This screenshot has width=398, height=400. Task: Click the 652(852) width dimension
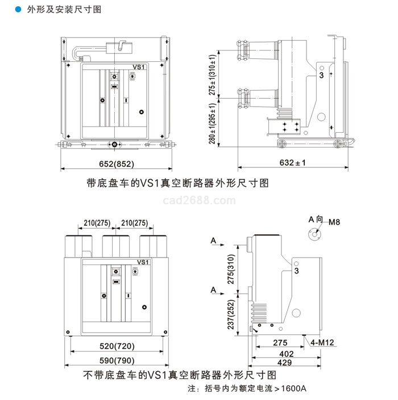click(117, 164)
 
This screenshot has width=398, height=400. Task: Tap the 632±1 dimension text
click(292, 162)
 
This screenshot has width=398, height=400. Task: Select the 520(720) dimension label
click(117, 346)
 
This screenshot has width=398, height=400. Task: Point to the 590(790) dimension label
click(117, 360)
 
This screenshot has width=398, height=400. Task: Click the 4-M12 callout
click(322, 342)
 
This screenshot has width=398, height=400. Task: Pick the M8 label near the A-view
click(334, 222)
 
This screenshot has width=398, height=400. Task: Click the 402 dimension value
click(287, 353)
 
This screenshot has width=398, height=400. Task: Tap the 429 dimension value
click(284, 362)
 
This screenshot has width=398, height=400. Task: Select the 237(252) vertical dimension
click(231, 314)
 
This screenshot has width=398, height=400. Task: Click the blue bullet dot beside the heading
click(18, 10)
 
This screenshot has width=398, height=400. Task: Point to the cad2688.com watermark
click(199, 200)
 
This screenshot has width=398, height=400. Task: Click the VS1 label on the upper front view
click(139, 67)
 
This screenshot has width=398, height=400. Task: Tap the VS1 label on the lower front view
click(143, 262)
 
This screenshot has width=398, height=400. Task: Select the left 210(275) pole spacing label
click(97, 223)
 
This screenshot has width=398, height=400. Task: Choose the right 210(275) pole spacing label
click(134, 223)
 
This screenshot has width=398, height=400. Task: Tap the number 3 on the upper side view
click(321, 75)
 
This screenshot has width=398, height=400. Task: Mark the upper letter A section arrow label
click(213, 241)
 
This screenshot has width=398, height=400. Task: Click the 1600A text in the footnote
click(293, 388)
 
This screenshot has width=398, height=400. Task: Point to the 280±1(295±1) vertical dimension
click(212, 124)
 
